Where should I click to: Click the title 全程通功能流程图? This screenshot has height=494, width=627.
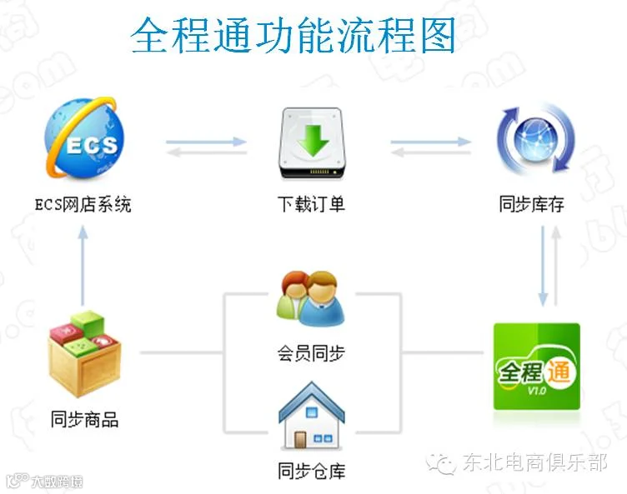point(293,35)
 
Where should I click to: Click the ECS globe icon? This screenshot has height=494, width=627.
point(85,137)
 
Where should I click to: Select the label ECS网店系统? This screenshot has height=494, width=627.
point(83,205)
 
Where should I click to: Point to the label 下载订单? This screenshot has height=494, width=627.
point(312,204)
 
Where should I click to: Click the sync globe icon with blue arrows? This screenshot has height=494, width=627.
point(535,138)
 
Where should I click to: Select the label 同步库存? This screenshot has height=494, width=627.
point(532,204)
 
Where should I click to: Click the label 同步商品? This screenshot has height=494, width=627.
point(84,420)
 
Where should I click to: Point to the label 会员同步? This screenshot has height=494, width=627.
point(311,354)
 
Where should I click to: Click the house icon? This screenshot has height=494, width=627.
point(312,417)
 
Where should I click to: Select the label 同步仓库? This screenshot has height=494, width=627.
point(312,471)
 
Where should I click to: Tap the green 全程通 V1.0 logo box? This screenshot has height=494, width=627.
point(537,366)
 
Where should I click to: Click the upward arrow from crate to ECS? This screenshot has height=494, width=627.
point(83,266)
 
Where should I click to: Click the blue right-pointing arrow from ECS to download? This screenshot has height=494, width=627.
point(206,142)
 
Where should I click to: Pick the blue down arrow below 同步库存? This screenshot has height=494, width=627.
point(543,267)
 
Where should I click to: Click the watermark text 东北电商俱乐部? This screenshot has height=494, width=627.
point(535,462)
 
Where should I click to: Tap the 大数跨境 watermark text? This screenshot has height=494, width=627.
point(58,482)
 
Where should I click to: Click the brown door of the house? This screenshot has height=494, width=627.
point(300,440)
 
